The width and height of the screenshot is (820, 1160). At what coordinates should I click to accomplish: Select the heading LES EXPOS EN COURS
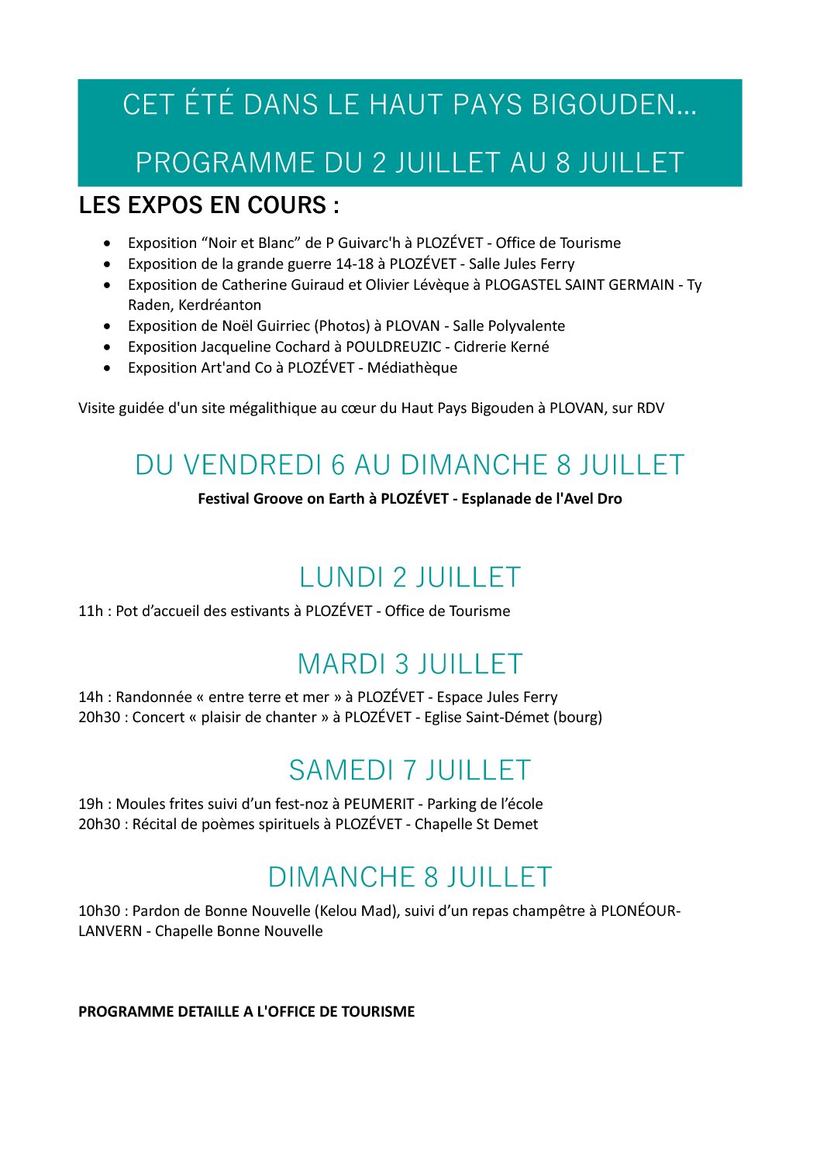pos(208,205)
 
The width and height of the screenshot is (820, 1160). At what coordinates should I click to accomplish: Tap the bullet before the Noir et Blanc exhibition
pos(107,243)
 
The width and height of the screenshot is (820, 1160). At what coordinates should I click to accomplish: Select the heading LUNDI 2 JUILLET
pos(409,577)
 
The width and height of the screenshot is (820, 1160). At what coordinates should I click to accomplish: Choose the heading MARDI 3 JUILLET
pos(409,664)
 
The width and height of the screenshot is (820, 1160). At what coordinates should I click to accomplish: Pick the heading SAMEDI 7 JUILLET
pos(409,770)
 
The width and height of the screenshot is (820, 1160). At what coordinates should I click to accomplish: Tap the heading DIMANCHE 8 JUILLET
pos(409,877)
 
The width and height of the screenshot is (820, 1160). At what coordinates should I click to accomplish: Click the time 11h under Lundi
pos(90,611)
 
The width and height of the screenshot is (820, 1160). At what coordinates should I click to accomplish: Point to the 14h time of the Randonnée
pos(90,697)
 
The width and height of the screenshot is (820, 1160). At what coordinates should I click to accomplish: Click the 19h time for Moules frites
pos(90,804)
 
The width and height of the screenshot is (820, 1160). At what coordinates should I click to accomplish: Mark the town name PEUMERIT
pos(379,804)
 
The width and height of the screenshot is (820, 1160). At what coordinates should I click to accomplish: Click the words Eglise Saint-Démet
pos(486,718)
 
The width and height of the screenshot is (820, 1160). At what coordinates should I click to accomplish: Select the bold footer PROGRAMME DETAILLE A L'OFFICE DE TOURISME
pos(246,1012)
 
